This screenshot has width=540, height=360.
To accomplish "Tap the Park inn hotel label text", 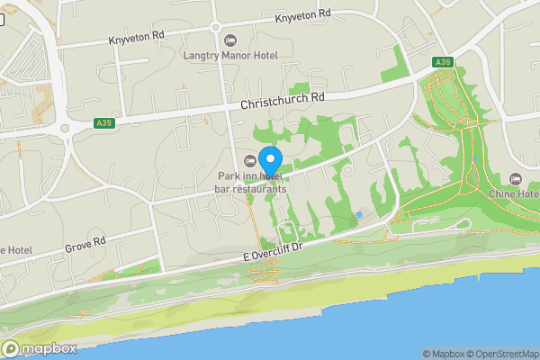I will click(250, 176).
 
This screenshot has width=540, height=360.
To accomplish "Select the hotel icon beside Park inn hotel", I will click(250, 160).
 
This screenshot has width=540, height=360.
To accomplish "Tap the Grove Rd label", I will click(85, 244).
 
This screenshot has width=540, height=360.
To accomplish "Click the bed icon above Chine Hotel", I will click(515, 178).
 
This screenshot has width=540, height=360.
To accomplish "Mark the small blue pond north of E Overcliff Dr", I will click(360, 214).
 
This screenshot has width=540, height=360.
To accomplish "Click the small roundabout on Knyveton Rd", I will click(216, 27).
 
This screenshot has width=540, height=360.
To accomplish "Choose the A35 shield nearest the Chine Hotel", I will click(441, 62).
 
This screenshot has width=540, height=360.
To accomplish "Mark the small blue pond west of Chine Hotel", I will click(475, 160).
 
